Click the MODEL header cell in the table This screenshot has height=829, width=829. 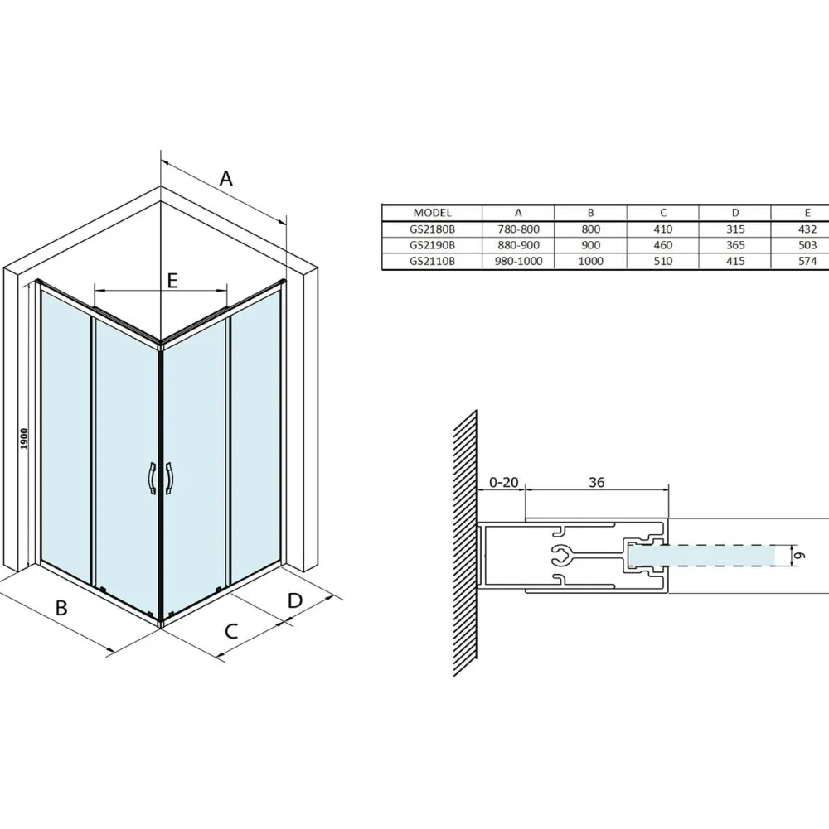(x=432, y=213)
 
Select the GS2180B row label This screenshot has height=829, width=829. (x=432, y=229)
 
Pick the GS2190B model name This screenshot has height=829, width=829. (x=432, y=245)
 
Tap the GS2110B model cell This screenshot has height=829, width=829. (x=432, y=261)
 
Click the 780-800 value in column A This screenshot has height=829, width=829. (x=518, y=229)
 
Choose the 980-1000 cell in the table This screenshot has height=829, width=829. (x=518, y=261)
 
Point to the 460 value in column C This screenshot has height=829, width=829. (x=662, y=245)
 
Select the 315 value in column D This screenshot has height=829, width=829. (x=735, y=229)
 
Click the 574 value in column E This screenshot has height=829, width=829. (x=807, y=261)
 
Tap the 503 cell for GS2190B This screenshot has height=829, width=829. (x=807, y=245)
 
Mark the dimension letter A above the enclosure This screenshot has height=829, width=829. (x=226, y=179)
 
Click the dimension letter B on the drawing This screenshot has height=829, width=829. (x=61, y=608)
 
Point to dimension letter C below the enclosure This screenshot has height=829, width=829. (x=231, y=631)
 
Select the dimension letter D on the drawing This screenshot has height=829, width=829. (x=295, y=600)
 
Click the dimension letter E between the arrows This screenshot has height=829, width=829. (x=172, y=281)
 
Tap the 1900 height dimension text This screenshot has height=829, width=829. (x=24, y=440)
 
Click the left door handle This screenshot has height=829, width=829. (x=152, y=479)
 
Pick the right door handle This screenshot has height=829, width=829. (x=169, y=479)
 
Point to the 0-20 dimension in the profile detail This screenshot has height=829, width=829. (x=503, y=482)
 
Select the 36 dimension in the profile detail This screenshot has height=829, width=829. (x=597, y=482)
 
